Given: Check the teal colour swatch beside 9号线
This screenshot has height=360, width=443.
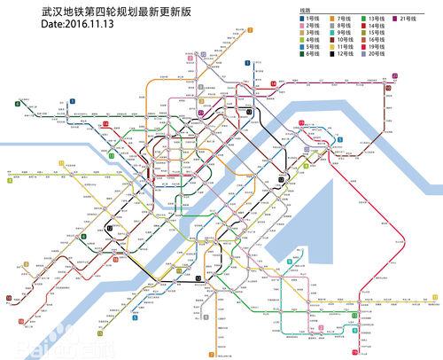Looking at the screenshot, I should tap(331, 33).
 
